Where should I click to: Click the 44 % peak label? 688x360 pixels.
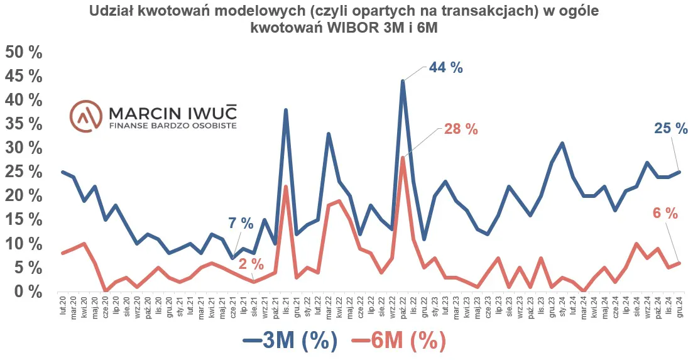tap(445, 68)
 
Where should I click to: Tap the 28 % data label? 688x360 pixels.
tap(461, 129)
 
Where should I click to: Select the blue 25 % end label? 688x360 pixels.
tap(670, 129)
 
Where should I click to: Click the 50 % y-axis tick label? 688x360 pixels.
tap(23, 52)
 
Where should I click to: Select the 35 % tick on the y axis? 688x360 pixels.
tap(23, 124)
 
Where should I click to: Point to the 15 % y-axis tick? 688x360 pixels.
tap(23, 220)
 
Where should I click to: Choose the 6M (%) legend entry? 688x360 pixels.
tap(398, 341)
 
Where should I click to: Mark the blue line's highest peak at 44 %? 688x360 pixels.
tap(403, 80)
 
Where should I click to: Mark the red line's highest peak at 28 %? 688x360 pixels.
tap(403, 157)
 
